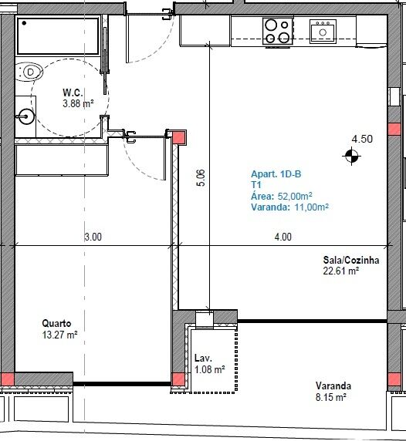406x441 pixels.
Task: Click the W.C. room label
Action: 73,93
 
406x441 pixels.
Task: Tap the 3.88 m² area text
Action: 78,103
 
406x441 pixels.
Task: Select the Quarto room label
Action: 56,324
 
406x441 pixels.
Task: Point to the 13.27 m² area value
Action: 59,335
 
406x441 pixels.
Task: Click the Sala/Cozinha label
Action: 351,260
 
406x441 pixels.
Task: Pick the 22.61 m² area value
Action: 341,271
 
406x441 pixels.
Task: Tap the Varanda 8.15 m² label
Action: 333,391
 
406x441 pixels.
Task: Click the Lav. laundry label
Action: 203,359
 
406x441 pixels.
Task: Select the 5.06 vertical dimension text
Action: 201,178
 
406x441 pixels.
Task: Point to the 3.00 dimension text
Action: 93,237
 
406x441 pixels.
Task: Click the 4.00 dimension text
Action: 283,237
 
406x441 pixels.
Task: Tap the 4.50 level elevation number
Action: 362,139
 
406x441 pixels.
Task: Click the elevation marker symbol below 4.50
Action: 352,156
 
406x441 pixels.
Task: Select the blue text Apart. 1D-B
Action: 276,174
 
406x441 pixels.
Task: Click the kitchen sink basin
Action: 323,31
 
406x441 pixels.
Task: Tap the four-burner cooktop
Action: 278,31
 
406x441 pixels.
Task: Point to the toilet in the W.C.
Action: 29,72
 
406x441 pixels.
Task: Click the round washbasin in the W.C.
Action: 26,116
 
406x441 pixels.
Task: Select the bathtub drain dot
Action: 24,23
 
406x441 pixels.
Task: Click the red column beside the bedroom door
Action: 178,137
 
